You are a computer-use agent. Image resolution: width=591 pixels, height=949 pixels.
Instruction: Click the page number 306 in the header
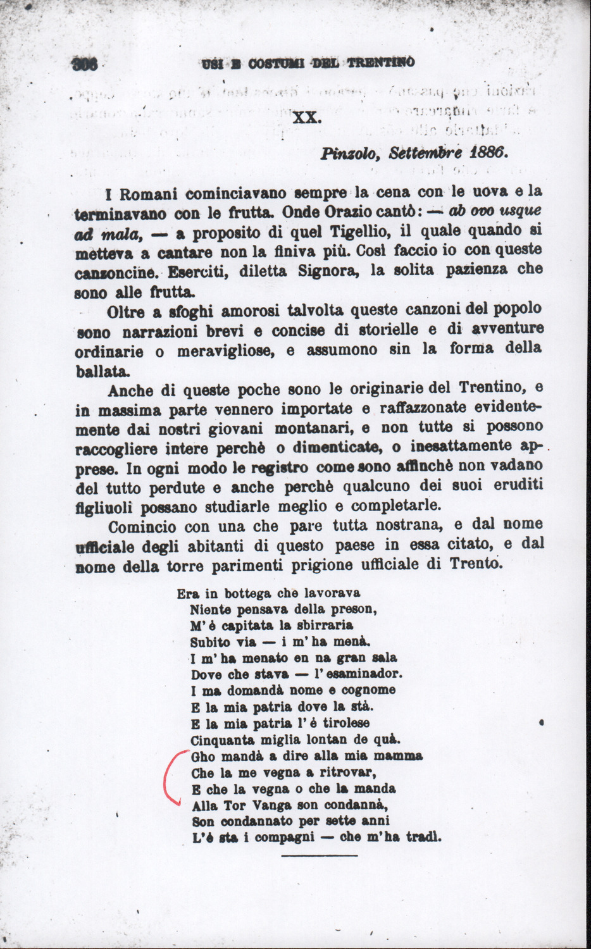85,64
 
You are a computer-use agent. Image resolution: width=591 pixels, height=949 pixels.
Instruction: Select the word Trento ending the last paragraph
475,563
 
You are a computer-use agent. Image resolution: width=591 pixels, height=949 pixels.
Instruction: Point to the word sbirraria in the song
323,626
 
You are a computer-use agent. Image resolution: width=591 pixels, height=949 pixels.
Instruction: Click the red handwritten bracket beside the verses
171,776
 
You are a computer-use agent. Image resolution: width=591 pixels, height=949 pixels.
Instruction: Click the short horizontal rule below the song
319,856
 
